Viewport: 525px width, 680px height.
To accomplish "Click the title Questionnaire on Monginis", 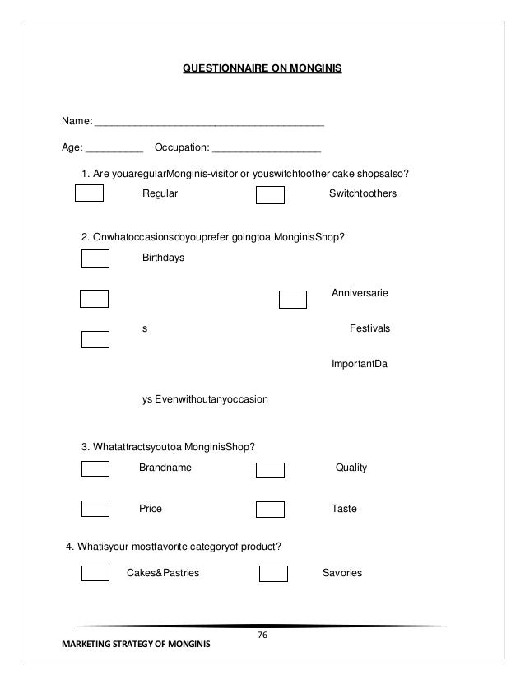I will point(262,83).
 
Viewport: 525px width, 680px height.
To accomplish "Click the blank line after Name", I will point(210,123).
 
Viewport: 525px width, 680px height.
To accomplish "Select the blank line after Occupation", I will point(266,151).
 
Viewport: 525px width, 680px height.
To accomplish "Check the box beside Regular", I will point(89,194).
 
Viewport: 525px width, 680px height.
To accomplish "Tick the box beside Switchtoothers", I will point(270,195).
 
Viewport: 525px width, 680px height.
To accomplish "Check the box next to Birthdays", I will point(95,258).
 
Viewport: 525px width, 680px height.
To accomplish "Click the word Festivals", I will point(369,328).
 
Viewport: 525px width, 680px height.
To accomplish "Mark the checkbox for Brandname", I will point(95,468).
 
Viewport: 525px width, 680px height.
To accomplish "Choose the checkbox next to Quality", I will point(270,470).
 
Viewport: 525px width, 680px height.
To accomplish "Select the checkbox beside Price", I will point(95,509).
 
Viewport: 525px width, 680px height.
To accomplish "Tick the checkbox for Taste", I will point(270,510).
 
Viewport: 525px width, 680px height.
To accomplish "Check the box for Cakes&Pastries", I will point(95,573).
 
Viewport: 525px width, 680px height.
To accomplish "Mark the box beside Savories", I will point(273,574).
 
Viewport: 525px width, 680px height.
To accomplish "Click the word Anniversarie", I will point(360,292).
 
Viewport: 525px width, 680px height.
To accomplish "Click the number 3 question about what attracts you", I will point(168,447).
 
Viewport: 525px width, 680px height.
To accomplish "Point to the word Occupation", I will point(181,151).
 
